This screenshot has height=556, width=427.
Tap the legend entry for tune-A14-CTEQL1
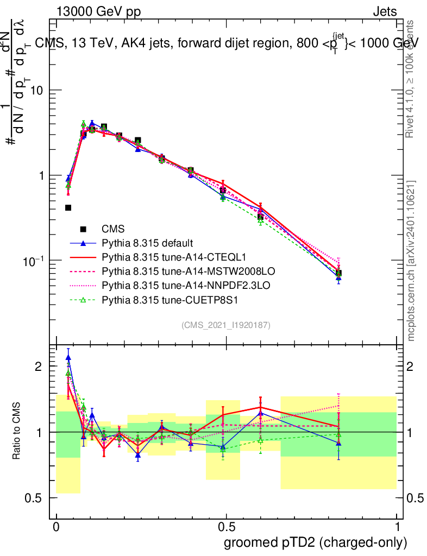point(170,256)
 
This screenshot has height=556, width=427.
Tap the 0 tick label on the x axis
point(56,527)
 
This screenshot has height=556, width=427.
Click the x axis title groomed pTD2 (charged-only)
point(315,542)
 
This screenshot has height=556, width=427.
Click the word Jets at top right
point(385,11)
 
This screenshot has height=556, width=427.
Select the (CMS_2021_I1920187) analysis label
point(226,325)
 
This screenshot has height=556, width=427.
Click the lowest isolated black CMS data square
point(68,207)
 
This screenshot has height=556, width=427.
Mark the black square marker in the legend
point(83,229)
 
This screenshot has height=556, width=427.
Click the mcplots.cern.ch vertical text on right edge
point(411,261)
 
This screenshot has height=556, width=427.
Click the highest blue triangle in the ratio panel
point(68,357)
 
